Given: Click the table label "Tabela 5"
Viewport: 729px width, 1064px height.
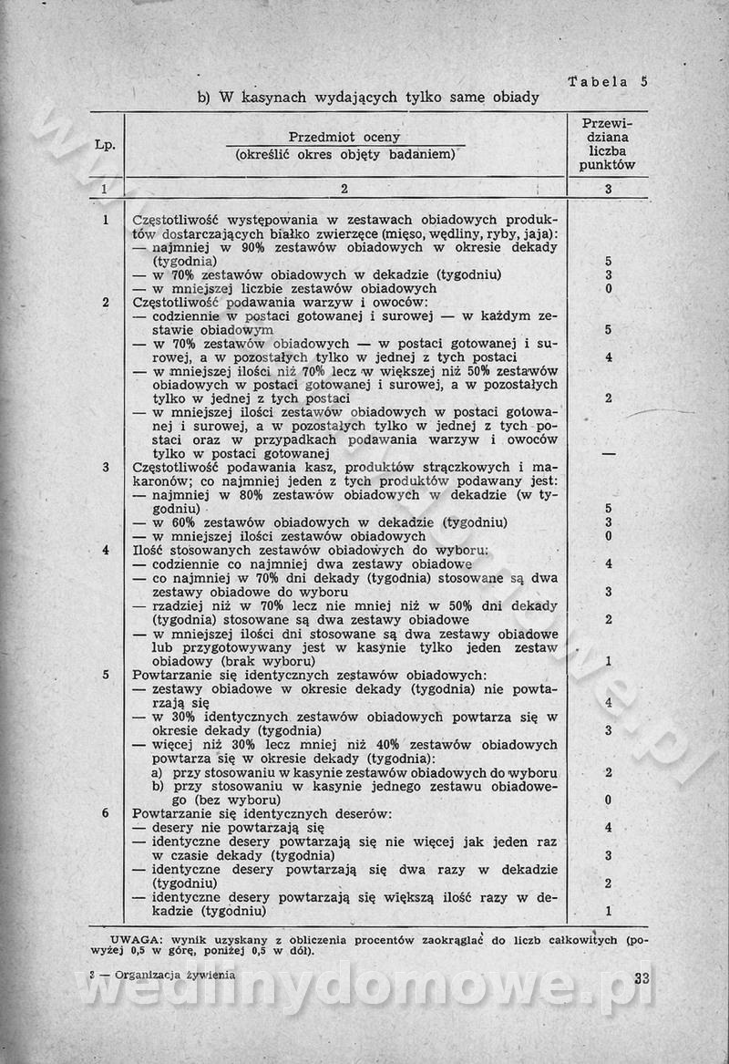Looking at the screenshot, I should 607,80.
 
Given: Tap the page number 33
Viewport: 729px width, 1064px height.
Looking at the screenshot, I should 640,979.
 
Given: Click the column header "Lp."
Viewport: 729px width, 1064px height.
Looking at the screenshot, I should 105,145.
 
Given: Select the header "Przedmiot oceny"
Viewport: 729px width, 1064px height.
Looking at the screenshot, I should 344,137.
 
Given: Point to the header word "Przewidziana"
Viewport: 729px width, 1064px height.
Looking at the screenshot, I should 607,130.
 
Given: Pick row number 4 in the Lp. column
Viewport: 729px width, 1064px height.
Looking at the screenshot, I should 106,550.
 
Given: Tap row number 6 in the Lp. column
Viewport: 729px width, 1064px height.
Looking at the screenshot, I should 106,812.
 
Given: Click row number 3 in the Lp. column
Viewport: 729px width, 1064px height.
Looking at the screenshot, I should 106,467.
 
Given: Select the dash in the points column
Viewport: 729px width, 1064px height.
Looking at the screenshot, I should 608,453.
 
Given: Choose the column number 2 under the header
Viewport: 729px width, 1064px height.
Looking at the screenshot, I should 344,190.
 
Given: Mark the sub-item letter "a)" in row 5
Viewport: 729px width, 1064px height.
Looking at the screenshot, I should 159,772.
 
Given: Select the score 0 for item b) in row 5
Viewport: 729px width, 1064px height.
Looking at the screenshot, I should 608,800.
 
